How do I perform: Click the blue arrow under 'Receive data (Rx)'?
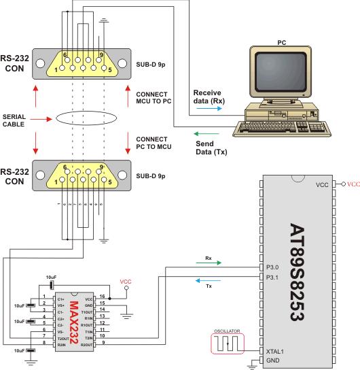204,107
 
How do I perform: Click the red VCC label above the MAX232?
125,280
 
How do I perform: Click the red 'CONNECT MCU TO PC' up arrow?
128,95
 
